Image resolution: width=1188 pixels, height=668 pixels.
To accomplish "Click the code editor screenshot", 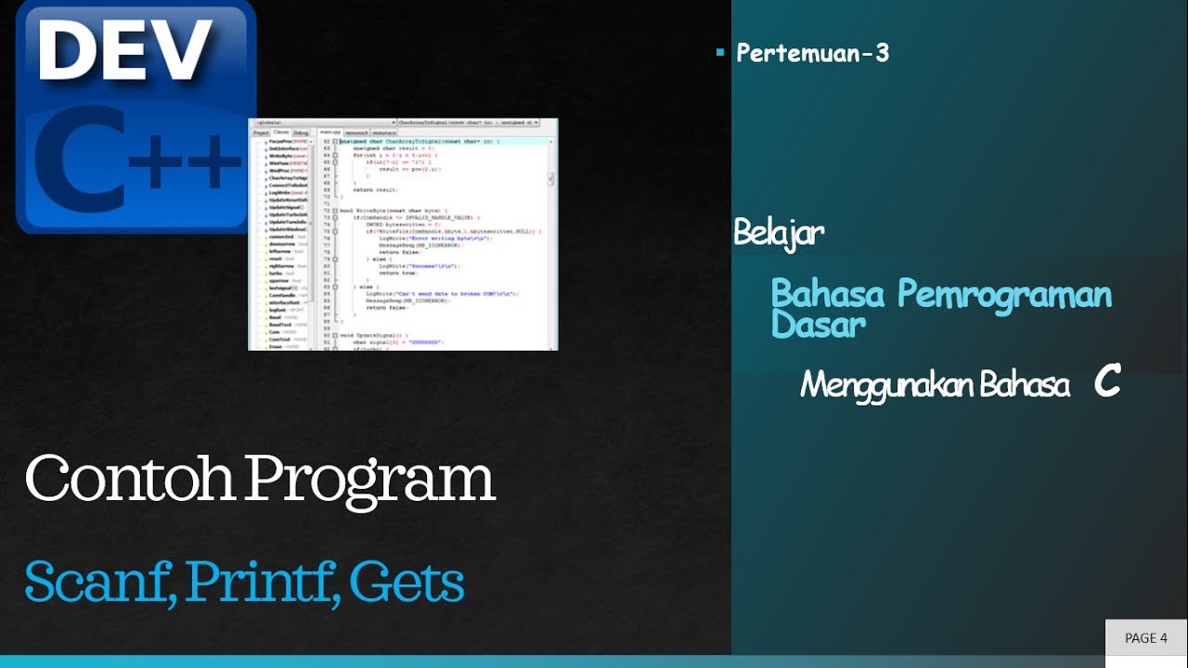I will click(x=403, y=234).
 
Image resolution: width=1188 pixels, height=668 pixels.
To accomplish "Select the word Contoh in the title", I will click(x=130, y=479).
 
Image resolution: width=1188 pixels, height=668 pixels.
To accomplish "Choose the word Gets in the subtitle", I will click(x=407, y=583).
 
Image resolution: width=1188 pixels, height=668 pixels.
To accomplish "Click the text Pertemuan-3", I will click(x=812, y=53).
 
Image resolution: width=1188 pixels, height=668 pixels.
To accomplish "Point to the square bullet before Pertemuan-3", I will click(x=720, y=53).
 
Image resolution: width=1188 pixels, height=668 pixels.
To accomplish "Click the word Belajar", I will click(x=779, y=233).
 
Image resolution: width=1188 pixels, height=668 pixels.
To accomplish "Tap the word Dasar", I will click(x=818, y=324).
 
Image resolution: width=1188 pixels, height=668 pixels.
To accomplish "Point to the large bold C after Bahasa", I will click(x=1106, y=381).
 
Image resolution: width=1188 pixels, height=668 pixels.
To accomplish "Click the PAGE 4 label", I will click(x=1145, y=637).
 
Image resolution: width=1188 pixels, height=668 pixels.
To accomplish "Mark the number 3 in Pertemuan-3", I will click(x=881, y=53).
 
